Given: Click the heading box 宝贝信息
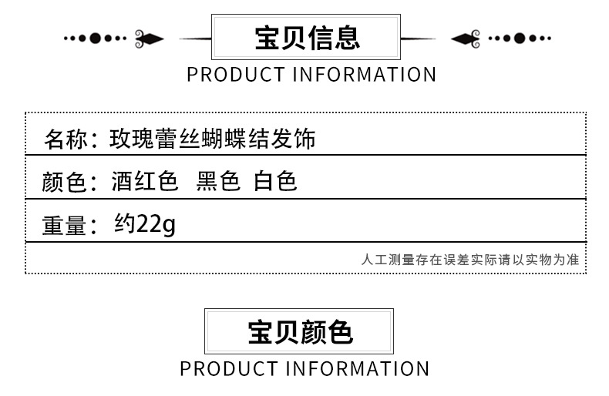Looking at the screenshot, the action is pyautogui.click(x=306, y=38).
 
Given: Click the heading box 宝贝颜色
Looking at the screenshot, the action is pyautogui.click(x=299, y=331).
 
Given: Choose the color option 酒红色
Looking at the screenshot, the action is pyautogui.click(x=144, y=182).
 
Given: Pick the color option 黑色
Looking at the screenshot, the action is pyautogui.click(x=218, y=182).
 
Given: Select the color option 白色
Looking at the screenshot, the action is pyautogui.click(x=275, y=182).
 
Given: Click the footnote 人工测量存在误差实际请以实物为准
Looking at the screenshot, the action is pyautogui.click(x=469, y=260).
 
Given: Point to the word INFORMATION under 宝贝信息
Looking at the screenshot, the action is pyautogui.click(x=365, y=75).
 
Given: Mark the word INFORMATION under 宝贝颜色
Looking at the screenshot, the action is pyautogui.click(x=358, y=368).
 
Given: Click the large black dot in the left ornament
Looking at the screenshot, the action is pyautogui.click(x=96, y=38).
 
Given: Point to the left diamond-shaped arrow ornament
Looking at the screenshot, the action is pyautogui.click(x=152, y=38).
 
